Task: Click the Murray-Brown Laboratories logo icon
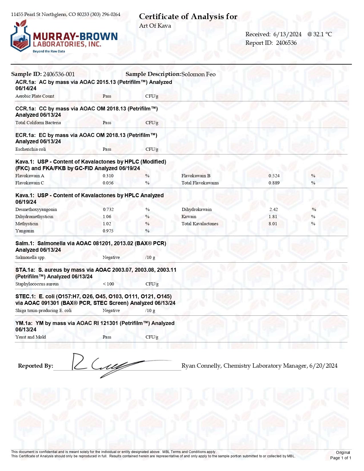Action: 20,36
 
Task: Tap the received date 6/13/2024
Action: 287,34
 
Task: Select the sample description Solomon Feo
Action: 198,74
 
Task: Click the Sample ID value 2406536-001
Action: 59,74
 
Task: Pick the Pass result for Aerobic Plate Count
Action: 107,96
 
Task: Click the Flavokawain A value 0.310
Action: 108,176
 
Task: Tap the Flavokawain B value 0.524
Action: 274,176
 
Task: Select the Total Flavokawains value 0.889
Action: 274,183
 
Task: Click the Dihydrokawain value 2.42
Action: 273,210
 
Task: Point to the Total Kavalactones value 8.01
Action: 273,224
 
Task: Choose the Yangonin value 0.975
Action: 108,231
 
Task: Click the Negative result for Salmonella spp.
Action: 111,257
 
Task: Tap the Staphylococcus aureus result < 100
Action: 108,284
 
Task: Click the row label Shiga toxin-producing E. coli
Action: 43,311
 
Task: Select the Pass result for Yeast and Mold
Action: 107,337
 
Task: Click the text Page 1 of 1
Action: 340,458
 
